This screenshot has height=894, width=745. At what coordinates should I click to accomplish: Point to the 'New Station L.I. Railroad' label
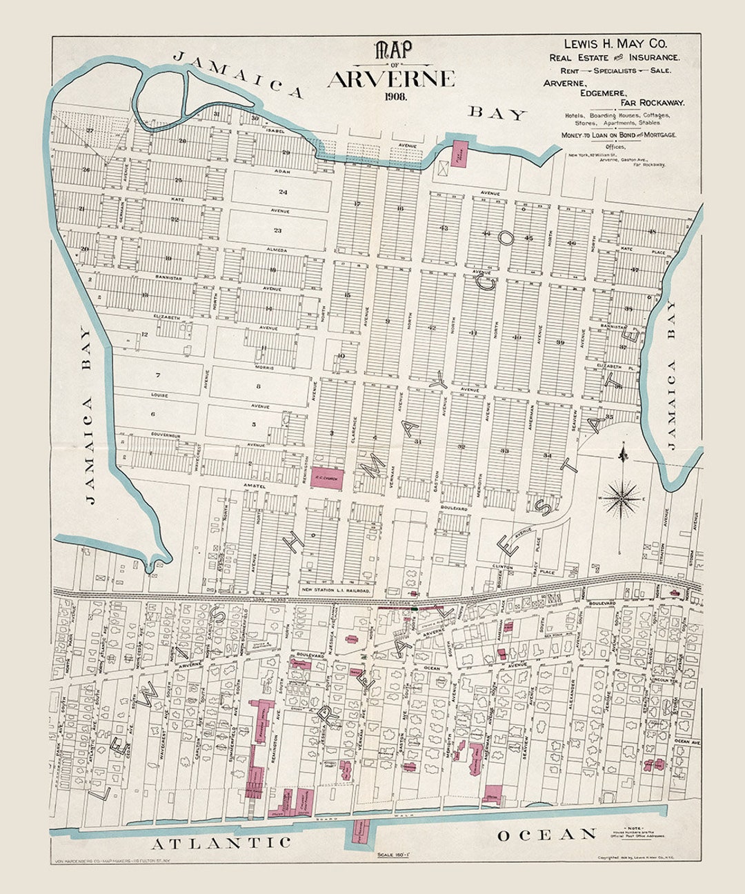pos(337,591)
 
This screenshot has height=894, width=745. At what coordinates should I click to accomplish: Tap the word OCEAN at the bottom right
pos(547,835)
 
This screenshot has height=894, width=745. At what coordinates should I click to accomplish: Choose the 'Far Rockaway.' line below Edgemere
pos(652,102)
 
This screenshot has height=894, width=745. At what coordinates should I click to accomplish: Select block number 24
pos(282,191)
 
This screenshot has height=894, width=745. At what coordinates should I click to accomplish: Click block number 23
pos(277,230)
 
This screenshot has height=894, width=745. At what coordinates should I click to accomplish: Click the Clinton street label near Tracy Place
pos(502,567)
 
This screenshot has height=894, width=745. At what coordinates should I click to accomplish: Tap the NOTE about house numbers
pos(633,832)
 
